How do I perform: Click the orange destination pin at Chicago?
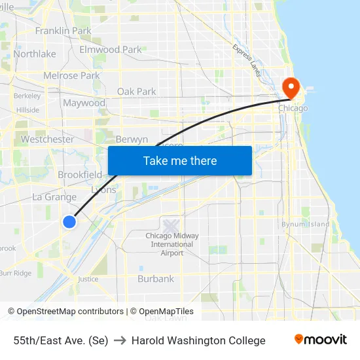coord(289,87)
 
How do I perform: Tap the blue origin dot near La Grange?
coord(69,222)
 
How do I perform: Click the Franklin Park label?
coord(63,31)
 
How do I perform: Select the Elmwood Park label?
coord(110,50)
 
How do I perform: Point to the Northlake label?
coord(35,54)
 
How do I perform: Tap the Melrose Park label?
coord(71,76)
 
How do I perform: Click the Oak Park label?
coord(136,92)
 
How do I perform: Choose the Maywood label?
coord(84,103)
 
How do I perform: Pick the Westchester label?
coord(47,139)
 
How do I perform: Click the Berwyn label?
coord(131,139)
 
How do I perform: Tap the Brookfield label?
coord(80,175)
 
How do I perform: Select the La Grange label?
coord(54,197)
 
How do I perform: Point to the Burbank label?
coord(156,279)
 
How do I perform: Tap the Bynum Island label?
coord(305,225)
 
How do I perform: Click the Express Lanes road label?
coord(247,60)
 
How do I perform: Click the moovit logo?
coord(320,340)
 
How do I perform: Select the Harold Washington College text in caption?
coord(198,340)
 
